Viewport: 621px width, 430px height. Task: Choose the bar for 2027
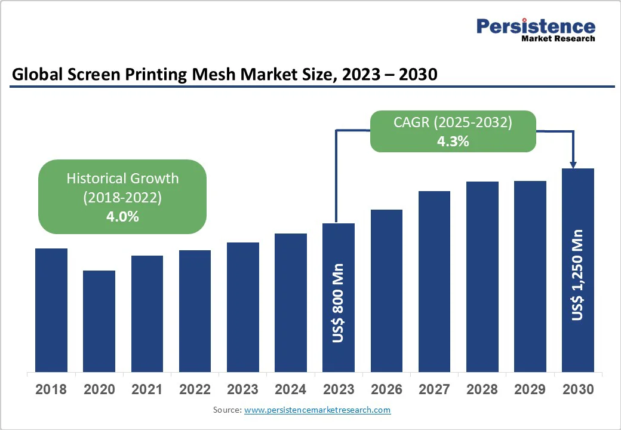[434, 281]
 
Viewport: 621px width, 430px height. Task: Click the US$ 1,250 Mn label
[577, 275]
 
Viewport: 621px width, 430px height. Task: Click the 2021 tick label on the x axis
[147, 390]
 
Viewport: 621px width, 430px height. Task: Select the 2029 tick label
[530, 390]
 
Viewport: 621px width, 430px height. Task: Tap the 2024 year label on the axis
[290, 390]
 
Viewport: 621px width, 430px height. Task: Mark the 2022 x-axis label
[195, 390]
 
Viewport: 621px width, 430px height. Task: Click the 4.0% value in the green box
[122, 216]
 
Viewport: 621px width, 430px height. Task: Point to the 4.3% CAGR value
[453, 142]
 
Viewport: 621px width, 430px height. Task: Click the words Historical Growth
[122, 178]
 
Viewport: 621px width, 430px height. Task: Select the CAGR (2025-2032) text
[453, 122]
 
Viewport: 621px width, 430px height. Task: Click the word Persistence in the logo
[536, 26]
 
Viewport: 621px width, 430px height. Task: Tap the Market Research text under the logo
[558, 39]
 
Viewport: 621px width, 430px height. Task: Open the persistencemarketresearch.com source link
[317, 410]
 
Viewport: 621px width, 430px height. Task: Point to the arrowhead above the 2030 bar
[573, 164]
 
